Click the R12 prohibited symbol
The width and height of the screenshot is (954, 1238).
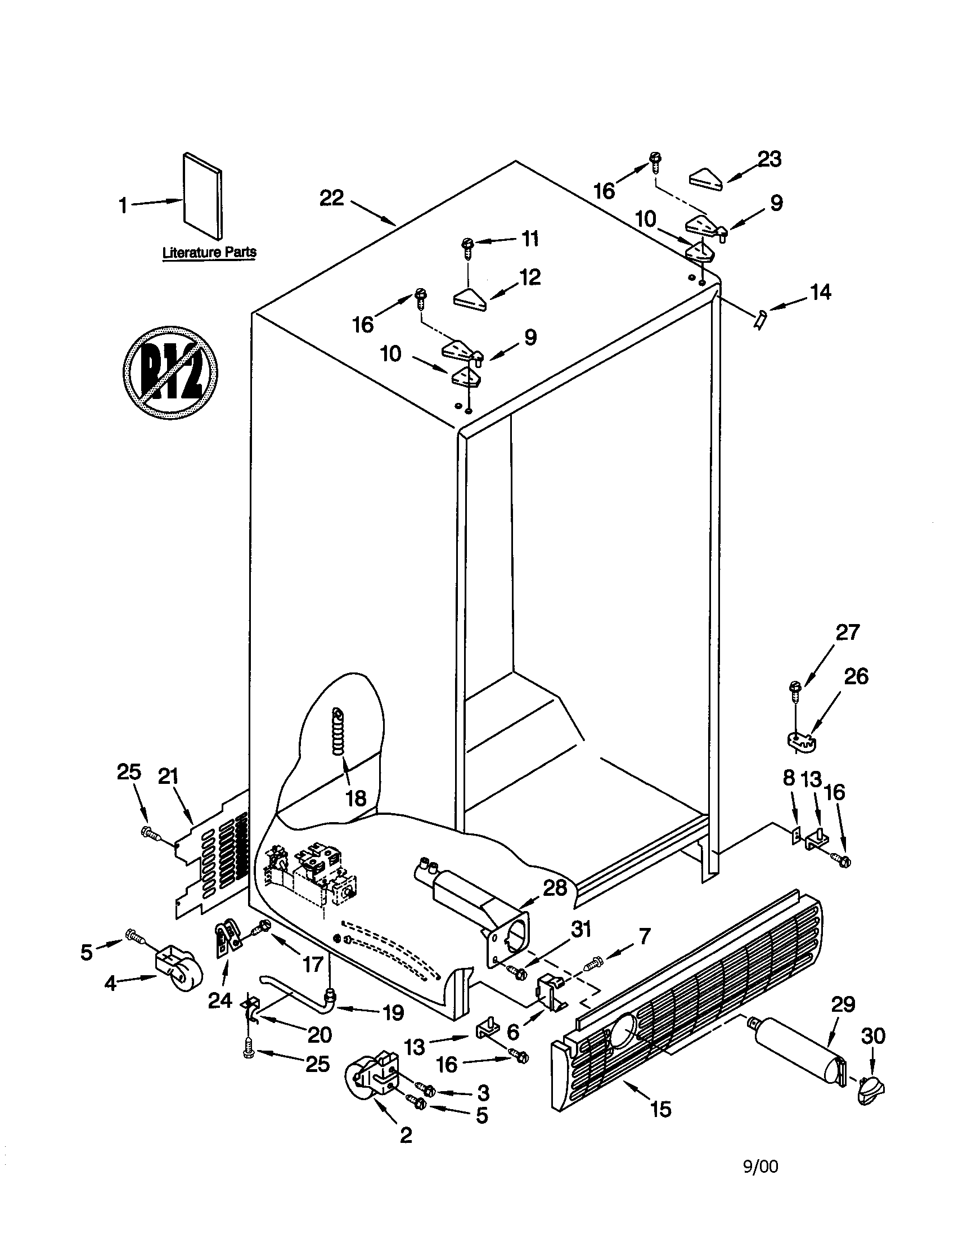coord(170,373)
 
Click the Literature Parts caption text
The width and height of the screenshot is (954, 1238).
coord(209,252)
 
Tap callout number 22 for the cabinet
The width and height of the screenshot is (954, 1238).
coord(331,199)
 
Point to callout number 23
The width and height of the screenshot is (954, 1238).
coord(769,160)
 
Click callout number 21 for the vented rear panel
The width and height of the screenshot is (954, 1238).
coord(168,777)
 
